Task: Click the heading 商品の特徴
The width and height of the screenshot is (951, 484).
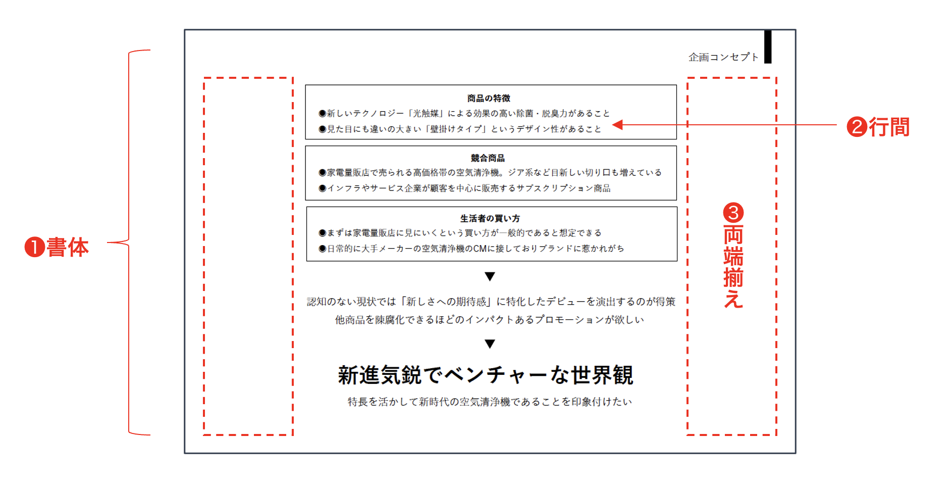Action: point(489,98)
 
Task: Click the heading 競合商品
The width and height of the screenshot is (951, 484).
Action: point(488,158)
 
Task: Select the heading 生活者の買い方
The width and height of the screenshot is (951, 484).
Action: point(490,218)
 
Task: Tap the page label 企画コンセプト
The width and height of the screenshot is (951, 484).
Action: point(723,57)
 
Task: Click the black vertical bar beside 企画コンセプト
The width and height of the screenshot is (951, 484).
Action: point(768,46)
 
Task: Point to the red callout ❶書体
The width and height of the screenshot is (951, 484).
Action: point(57,247)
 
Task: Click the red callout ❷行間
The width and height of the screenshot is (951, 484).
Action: point(878,127)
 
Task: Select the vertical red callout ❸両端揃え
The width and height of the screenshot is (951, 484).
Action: point(733,255)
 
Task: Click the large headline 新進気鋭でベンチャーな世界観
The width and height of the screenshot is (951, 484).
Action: point(486,375)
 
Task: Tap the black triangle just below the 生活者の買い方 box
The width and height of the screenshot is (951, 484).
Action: point(490,276)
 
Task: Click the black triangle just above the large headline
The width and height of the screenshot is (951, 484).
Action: point(490,344)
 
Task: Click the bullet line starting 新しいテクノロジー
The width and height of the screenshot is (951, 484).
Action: point(464,114)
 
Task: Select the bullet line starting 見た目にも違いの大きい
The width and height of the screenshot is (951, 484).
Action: point(460,129)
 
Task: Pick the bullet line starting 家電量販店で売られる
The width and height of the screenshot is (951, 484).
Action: point(490,173)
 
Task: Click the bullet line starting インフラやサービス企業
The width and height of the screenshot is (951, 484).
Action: point(464,188)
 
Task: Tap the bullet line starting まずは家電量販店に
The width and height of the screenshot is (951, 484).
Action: point(460,233)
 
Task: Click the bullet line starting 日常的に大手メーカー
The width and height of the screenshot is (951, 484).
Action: point(471,249)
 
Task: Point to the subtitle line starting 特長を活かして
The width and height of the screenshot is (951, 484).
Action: point(490,402)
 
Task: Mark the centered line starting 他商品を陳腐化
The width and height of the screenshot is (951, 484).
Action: point(490,320)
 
